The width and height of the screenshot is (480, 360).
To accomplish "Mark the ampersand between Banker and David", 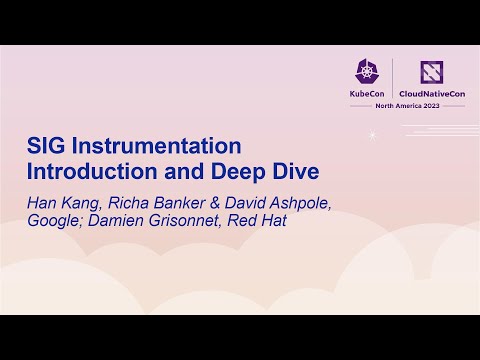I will click(220, 201).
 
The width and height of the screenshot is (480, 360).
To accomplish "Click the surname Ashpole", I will click(309, 201).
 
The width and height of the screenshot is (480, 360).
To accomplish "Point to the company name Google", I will click(54, 220).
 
